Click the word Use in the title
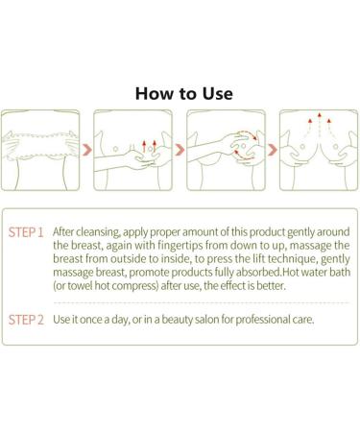217,93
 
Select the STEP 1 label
26,232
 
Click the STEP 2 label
26,320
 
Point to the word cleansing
98,232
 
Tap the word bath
340,272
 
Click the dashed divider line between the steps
201,302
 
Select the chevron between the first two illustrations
86,150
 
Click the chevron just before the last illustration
273,150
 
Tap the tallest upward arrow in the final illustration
319,124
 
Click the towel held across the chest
40,145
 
